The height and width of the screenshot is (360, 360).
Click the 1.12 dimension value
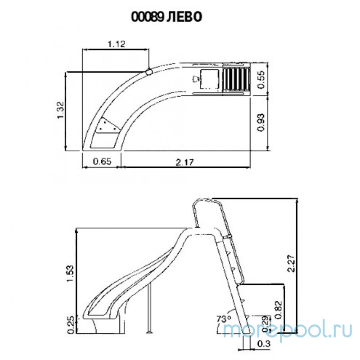[116, 44]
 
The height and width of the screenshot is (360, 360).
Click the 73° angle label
[223, 319]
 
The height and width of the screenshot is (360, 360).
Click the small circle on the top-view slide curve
[148, 71]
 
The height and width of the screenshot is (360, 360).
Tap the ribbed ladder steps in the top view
[236, 79]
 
